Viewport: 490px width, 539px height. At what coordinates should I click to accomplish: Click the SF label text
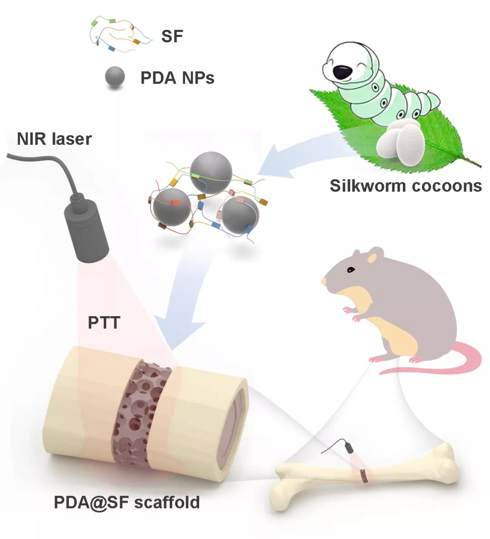[x=172, y=36]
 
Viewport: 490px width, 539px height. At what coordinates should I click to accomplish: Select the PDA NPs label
[x=177, y=78]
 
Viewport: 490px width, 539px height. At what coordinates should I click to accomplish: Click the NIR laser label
[x=54, y=139]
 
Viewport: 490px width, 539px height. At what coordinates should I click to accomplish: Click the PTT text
[x=104, y=323]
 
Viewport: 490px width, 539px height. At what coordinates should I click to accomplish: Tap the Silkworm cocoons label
[x=406, y=186]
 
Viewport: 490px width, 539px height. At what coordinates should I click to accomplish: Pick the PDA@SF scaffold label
[x=127, y=502]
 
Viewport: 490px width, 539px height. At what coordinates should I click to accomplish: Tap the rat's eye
[x=350, y=270]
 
